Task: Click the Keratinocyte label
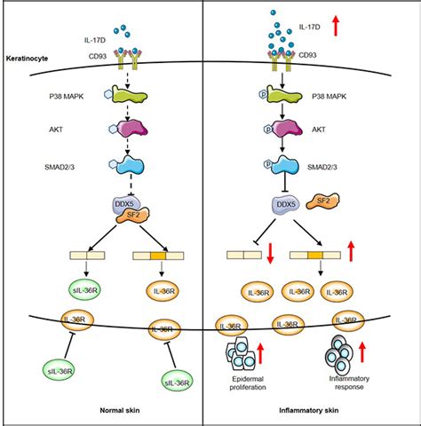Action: (x=27, y=59)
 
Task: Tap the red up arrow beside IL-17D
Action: (x=336, y=26)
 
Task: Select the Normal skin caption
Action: (x=120, y=410)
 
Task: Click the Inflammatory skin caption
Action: (x=309, y=410)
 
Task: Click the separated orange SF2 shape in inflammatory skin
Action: (x=323, y=201)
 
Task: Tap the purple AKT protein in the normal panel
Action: (x=128, y=129)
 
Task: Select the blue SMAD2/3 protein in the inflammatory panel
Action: (x=282, y=165)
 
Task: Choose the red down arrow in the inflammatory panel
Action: (x=270, y=253)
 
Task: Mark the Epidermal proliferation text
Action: (x=248, y=383)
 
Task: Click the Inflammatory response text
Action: (x=349, y=383)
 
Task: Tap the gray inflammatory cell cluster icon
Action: (x=339, y=354)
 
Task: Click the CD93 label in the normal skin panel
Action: (x=98, y=56)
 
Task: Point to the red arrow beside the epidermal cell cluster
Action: (x=260, y=353)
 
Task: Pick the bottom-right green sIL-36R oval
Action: (x=177, y=383)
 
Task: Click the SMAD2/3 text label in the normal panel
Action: (x=60, y=167)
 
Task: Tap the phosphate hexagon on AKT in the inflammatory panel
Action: (x=268, y=129)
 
